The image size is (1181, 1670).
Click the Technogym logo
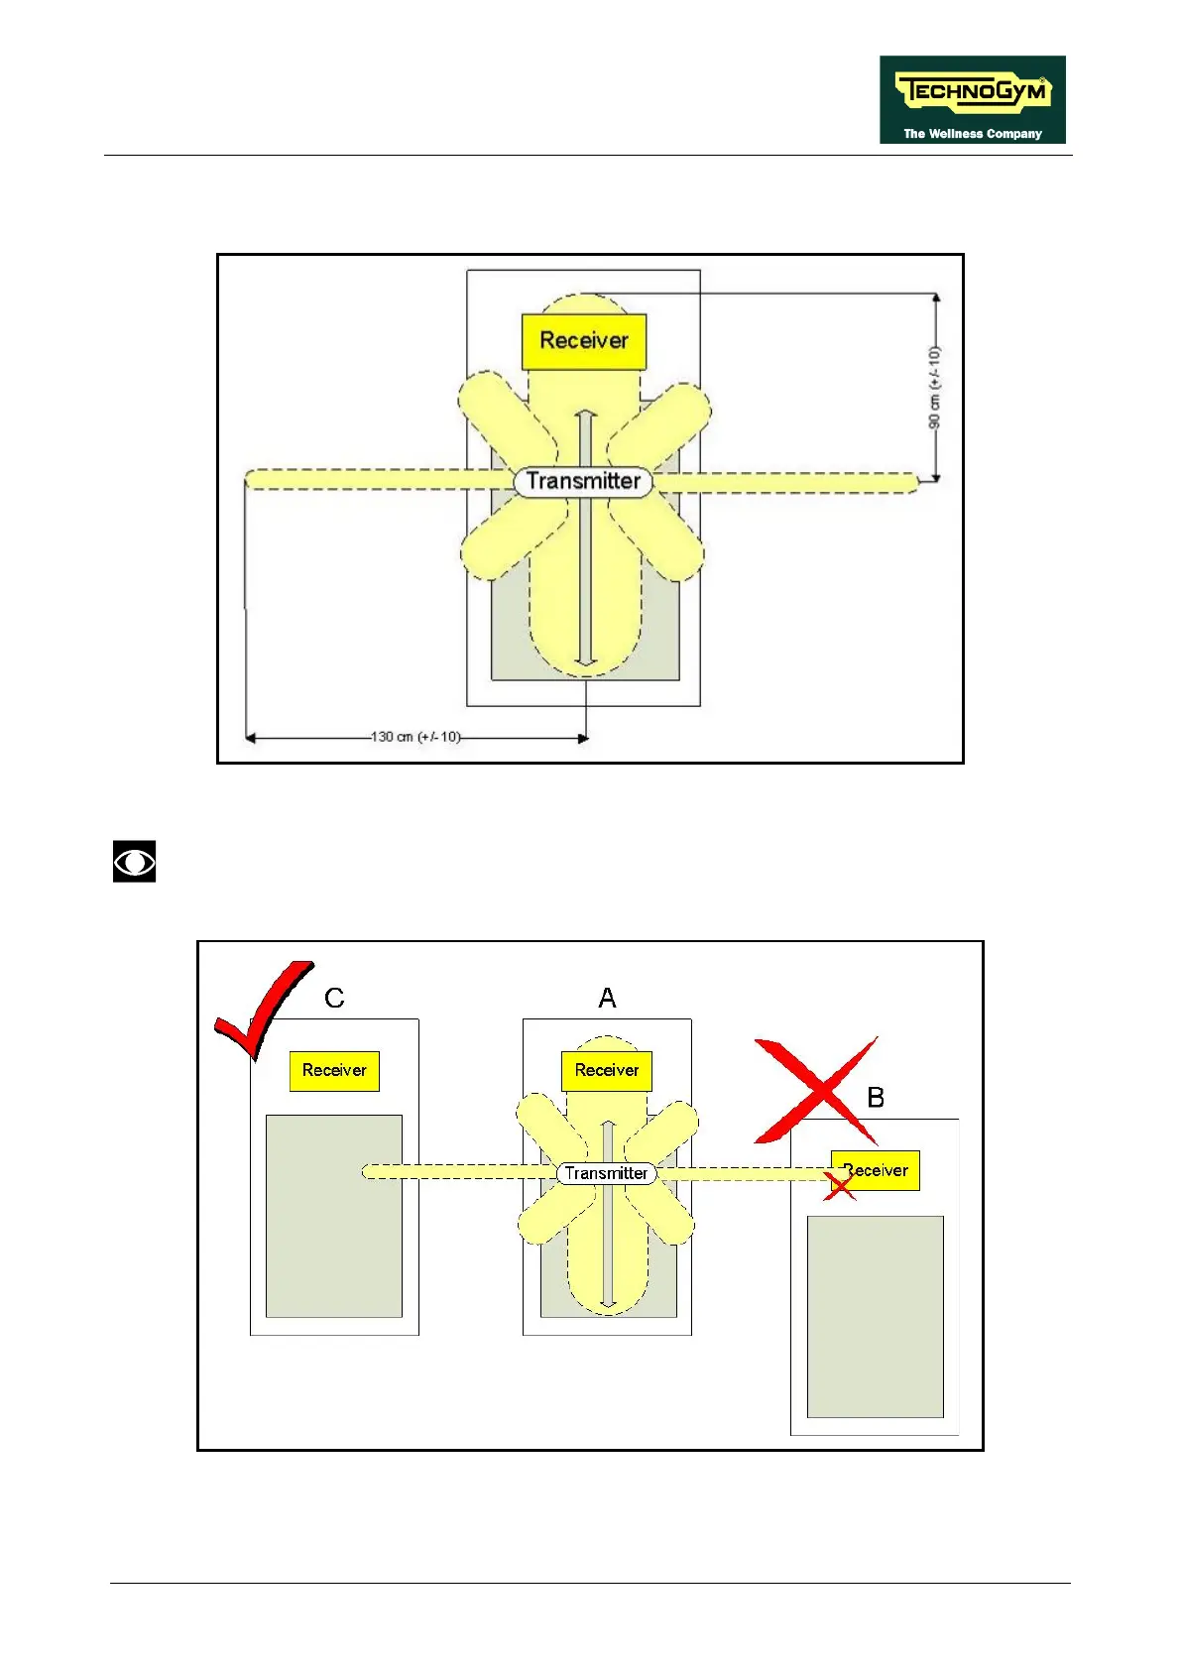coord(972,99)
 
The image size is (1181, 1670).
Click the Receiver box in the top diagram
coord(584,341)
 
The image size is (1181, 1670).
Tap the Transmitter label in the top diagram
coord(583,482)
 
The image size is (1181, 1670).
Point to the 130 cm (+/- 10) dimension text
coord(415,737)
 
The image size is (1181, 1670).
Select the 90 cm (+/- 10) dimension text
coord(934,388)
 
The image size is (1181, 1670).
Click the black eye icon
coord(134,862)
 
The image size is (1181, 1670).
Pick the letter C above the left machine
coord(334,999)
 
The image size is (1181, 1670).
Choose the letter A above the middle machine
coord(607,999)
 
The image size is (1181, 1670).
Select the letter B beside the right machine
coord(876,1098)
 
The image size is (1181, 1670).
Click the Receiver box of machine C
coord(334,1071)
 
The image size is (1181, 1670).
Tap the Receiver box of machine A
coord(607,1071)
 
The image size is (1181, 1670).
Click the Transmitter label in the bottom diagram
coord(606,1174)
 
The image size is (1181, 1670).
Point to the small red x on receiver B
coord(839,1184)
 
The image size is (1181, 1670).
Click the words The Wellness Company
coord(972,134)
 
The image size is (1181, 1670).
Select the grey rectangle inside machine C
coord(334,1216)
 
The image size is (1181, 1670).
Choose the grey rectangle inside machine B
coord(875,1317)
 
